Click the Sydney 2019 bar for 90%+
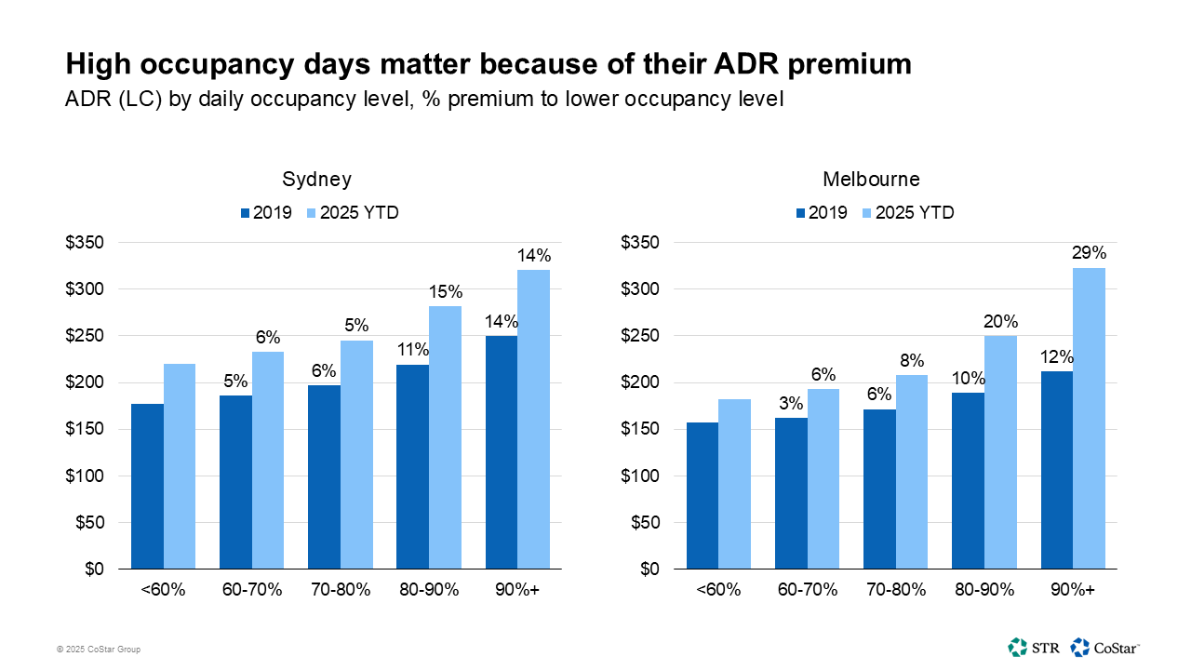[x=501, y=452]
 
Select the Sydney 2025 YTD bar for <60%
[x=180, y=465]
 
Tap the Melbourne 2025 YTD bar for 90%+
[x=1089, y=419]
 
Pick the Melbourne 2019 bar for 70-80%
[x=879, y=489]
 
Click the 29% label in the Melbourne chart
[x=1089, y=253]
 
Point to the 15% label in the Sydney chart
[x=445, y=292]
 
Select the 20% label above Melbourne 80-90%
[x=1000, y=321]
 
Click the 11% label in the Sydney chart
[x=412, y=350]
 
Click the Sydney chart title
[x=317, y=180]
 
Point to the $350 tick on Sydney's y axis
[x=84, y=243]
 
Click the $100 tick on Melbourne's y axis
[x=639, y=476]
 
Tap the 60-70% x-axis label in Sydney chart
[x=251, y=591]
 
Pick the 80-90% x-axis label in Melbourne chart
[x=984, y=591]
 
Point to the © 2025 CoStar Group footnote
[x=99, y=650]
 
